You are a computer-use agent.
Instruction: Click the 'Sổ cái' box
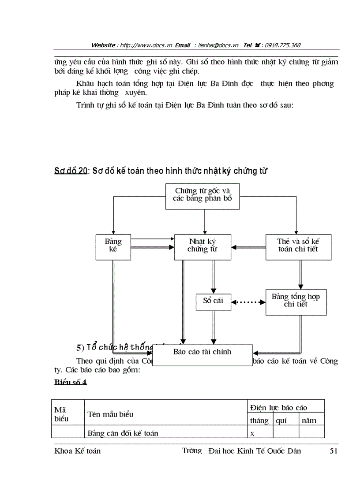(x=213, y=301)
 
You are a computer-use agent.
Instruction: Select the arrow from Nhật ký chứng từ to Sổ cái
(x=213, y=276)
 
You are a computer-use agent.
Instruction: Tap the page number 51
(x=334, y=451)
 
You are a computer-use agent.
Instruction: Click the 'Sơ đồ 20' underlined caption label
(x=71, y=171)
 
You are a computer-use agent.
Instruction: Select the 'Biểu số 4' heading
(x=71, y=382)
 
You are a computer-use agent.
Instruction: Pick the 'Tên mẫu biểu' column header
(x=110, y=414)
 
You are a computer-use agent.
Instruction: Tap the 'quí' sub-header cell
(x=281, y=421)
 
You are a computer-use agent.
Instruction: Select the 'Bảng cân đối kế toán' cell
(x=123, y=433)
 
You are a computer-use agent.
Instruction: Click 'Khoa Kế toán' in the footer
(x=77, y=451)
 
